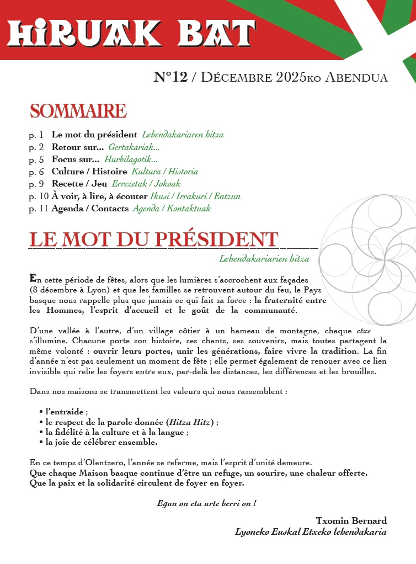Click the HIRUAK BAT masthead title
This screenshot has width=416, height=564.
(131, 34)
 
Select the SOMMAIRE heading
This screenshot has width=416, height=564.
(78, 111)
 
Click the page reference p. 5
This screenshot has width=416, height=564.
(36, 159)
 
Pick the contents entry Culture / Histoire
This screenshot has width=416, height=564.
(89, 172)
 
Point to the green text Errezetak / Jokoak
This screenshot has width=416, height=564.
(146, 184)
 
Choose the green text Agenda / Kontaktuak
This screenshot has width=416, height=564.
(171, 209)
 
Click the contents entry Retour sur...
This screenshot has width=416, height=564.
(77, 147)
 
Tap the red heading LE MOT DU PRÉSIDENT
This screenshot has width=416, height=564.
(153, 240)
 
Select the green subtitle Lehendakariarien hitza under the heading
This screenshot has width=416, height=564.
(264, 258)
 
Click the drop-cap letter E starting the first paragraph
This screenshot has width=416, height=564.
(33, 278)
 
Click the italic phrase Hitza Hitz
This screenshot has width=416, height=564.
(192, 422)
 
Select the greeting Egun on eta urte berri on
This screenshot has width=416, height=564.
(206, 503)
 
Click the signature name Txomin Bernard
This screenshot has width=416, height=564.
(351, 521)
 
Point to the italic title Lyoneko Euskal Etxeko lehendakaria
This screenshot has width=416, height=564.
(311, 532)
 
